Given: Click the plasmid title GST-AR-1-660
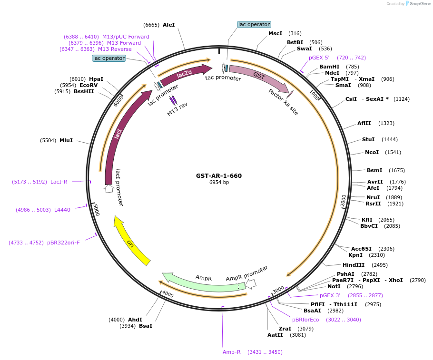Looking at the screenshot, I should (218, 175).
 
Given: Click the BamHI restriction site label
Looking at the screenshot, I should (329, 67).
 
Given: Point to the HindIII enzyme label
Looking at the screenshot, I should (354, 265).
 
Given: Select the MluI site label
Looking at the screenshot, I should (66, 140).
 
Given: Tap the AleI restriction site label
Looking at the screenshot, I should (169, 25).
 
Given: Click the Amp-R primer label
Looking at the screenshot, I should (232, 352).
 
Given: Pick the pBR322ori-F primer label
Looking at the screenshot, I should (63, 243).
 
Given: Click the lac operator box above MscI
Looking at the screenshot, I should (254, 24).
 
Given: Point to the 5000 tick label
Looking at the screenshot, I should (96, 210).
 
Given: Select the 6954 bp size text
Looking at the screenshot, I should (219, 183).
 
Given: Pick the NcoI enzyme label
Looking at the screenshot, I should (372, 152).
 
